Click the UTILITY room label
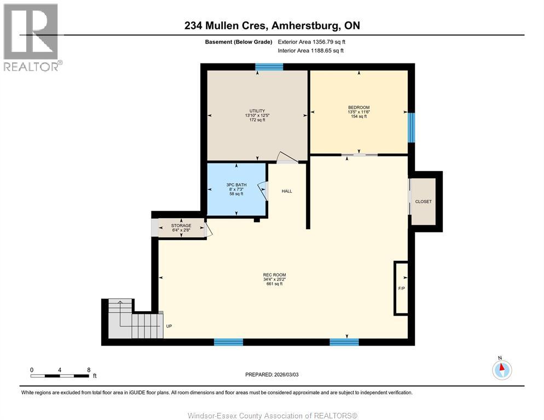[x=257, y=111]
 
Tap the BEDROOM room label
[x=358, y=108]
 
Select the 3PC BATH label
[x=236, y=185]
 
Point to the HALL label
[x=287, y=191]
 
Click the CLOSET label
[x=423, y=201]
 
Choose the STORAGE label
[x=181, y=225]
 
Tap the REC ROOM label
[x=274, y=275]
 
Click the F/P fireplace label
[x=401, y=288]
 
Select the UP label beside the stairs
[x=169, y=326]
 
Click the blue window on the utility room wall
[x=269, y=67]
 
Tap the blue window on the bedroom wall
[x=411, y=127]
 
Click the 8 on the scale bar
[x=89, y=370]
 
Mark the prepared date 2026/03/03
[x=286, y=375]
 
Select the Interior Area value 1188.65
[x=321, y=51]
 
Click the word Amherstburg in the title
[x=306, y=25]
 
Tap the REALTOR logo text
[x=31, y=67]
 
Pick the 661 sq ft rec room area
[x=274, y=284]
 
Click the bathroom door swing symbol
[x=263, y=191]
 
